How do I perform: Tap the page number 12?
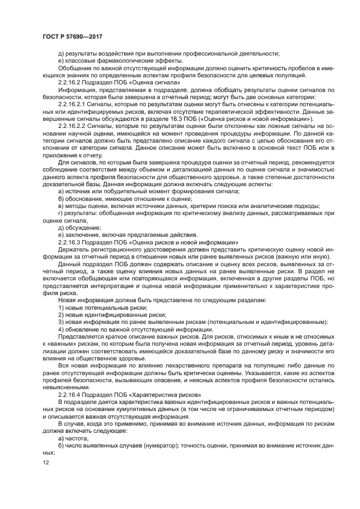pos(45,462)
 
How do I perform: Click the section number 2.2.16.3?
pos(69,241)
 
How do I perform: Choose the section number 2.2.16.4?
pos(69,393)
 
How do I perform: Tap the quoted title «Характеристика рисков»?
pos(162,393)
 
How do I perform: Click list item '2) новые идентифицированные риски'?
pos(101,315)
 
